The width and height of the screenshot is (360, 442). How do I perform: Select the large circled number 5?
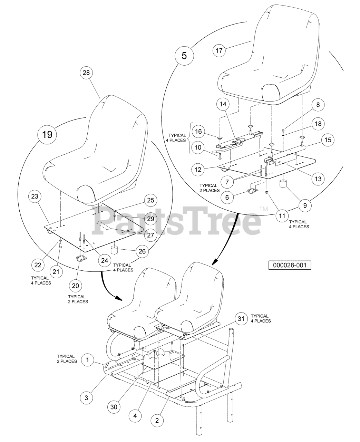pyautogui.click(x=184, y=55)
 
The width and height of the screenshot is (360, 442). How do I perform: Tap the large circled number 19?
pyautogui.click(x=47, y=134)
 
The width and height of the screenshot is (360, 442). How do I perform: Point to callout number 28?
pyautogui.click(x=86, y=73)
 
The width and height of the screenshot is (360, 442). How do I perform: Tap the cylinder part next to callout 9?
pyautogui.click(x=284, y=184)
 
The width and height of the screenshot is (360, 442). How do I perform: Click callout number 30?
pyautogui.click(x=114, y=407)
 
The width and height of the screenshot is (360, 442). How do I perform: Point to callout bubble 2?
pyautogui.click(x=157, y=420)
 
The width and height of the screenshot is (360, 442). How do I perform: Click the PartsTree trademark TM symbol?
pyautogui.click(x=263, y=209)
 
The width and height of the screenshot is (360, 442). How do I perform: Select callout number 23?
pyautogui.click(x=35, y=197)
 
